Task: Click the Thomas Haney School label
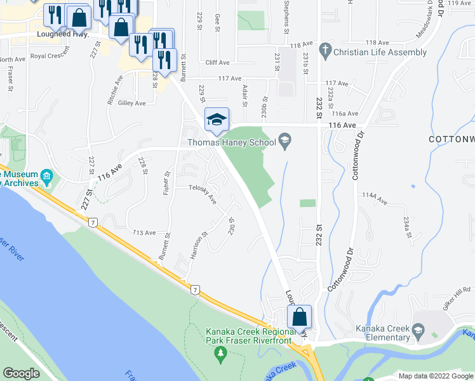pos(231,142)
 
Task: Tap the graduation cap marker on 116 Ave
pos(216,119)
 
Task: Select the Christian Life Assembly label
pos(380,52)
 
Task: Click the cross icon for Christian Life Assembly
pos(324,50)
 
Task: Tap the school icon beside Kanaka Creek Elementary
pos(417,330)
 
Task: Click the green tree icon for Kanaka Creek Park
pos(220,352)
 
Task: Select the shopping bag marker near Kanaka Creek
pos(300,317)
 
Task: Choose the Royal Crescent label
pos(48,56)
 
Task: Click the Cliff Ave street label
pos(217,63)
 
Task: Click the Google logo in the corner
pos(21,373)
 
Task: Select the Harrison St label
pos(199,247)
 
